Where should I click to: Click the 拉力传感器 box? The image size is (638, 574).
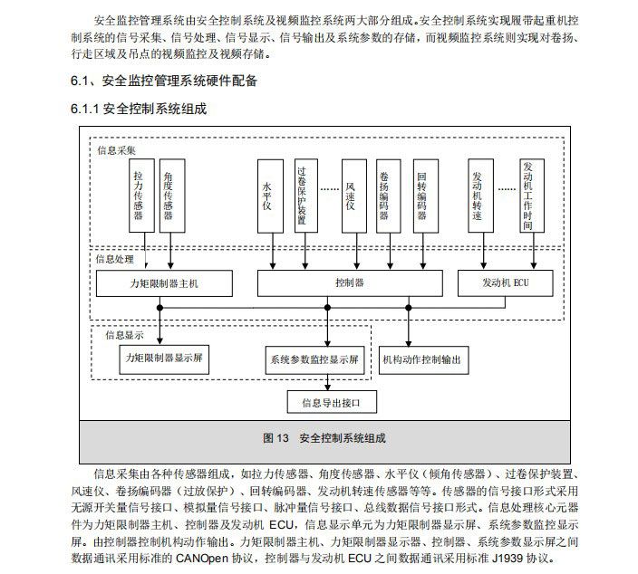[141, 196]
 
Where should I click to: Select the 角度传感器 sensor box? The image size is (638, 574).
[172, 196]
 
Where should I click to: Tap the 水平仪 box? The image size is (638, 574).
[270, 196]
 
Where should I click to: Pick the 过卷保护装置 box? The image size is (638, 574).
[306, 196]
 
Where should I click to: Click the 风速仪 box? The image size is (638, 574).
[354, 196]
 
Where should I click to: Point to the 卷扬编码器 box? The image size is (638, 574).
[389, 196]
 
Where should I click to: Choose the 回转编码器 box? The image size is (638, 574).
[426, 196]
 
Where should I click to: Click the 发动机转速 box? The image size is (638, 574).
[481, 196]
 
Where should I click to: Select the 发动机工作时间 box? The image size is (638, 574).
[532, 196]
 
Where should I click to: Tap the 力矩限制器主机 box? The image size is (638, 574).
[164, 283]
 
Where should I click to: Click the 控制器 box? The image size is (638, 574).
[350, 283]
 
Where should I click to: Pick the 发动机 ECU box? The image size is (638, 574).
[506, 283]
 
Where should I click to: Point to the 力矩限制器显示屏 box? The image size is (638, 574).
[164, 359]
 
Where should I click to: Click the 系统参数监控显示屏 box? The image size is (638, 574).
[315, 360]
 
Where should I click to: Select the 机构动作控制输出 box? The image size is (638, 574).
[423, 360]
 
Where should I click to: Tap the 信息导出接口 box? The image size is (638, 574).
[332, 402]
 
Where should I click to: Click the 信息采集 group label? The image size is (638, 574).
[116, 150]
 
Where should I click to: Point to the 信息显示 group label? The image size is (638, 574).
[124, 335]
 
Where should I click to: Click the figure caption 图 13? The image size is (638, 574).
[275, 438]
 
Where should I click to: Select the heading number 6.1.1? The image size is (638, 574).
[84, 109]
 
